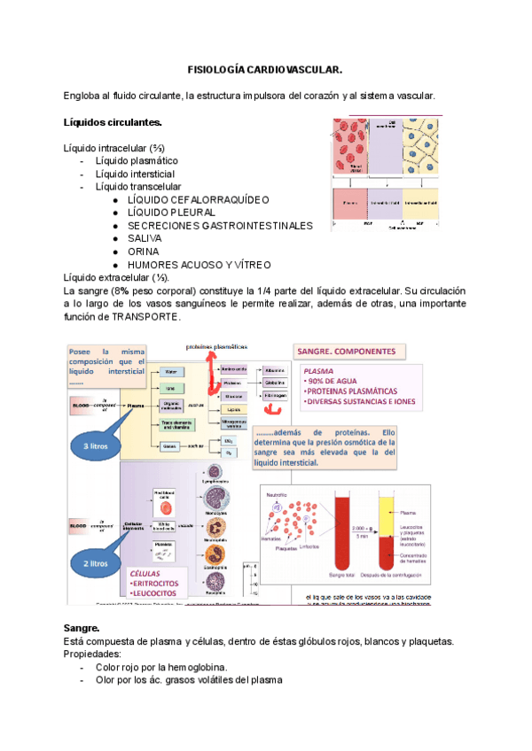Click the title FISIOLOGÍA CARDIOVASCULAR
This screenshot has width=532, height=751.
point(265,69)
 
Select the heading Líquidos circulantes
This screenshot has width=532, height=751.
point(113,121)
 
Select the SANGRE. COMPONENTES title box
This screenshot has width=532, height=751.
point(348,352)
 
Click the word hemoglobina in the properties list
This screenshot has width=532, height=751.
point(200,667)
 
